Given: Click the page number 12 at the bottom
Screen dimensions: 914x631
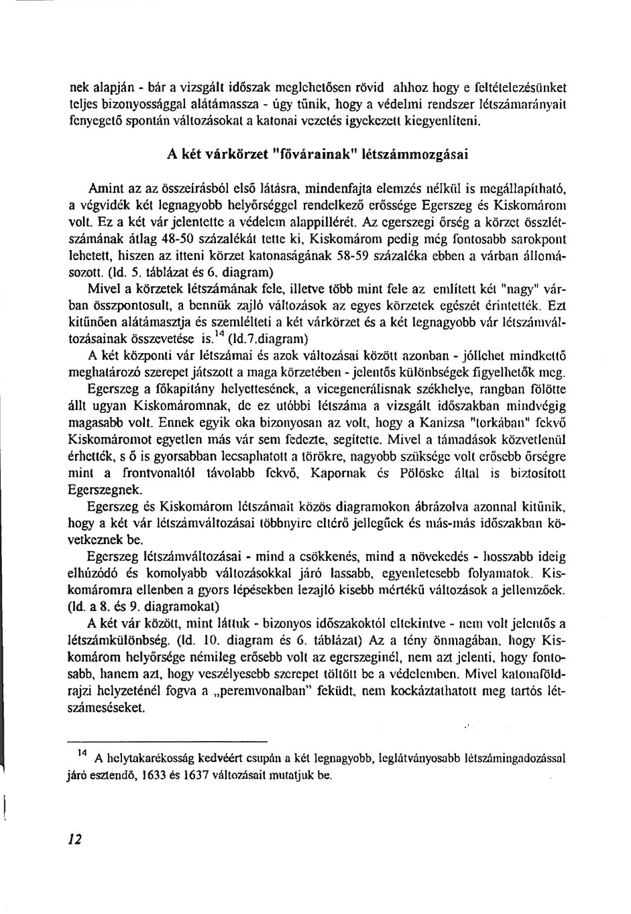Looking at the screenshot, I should coord(75,839).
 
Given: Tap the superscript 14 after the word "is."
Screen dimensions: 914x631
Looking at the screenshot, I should coord(219,335).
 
